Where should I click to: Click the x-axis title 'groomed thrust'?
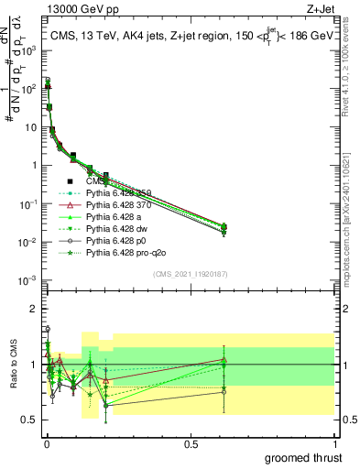click(303, 457)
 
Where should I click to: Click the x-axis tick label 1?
click(333, 442)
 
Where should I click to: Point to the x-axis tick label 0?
click(47, 442)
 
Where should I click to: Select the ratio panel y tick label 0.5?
click(29, 420)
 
